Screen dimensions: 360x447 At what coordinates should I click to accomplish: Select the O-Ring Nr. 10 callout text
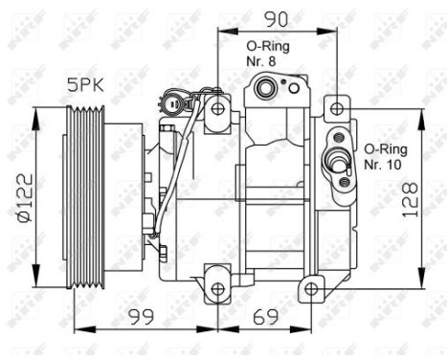click(386, 155)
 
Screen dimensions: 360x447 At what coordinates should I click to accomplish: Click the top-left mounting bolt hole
click(218, 107)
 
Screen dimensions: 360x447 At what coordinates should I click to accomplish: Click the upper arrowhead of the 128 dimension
click(421, 114)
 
